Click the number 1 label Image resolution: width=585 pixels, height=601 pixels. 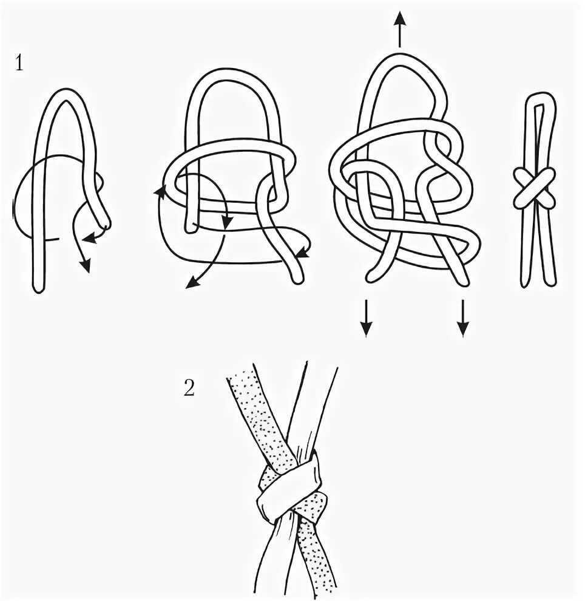19,63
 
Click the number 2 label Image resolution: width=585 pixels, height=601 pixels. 189,388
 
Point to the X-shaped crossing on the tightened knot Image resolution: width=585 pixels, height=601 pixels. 534,188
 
